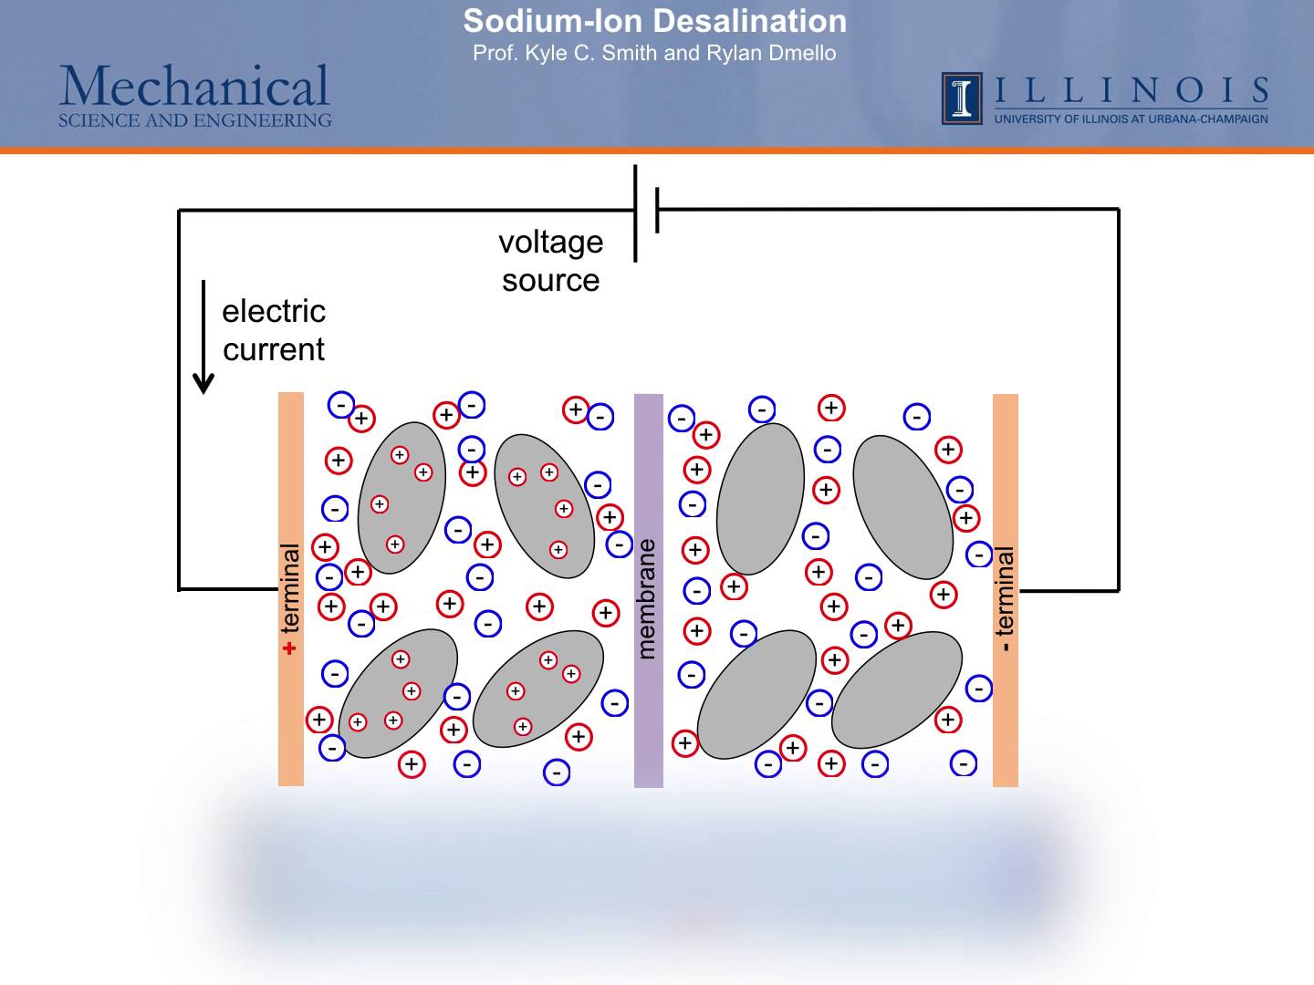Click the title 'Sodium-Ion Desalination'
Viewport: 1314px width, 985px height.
[x=654, y=21]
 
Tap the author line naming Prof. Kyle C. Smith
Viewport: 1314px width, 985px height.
[x=654, y=53]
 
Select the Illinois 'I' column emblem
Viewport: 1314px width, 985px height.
[x=962, y=98]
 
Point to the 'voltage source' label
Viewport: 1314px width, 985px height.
[x=551, y=261]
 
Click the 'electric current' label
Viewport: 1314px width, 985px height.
[x=274, y=330]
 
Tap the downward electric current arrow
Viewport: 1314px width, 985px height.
[x=204, y=337]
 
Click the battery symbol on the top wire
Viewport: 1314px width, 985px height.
[x=646, y=212]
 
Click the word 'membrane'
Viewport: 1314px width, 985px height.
[x=646, y=598]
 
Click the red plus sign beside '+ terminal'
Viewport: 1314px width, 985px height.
[x=290, y=648]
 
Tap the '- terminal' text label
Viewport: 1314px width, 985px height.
[x=1005, y=598]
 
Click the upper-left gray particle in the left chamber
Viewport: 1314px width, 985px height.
[x=401, y=498]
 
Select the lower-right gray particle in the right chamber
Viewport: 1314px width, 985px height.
[x=897, y=689]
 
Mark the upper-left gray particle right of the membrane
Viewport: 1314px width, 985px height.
[x=760, y=498]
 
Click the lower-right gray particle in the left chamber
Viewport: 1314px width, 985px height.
[x=538, y=689]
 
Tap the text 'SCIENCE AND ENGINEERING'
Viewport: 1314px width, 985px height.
[x=194, y=120]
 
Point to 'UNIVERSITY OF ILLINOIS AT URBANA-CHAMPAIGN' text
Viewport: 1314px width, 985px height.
[x=1131, y=119]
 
